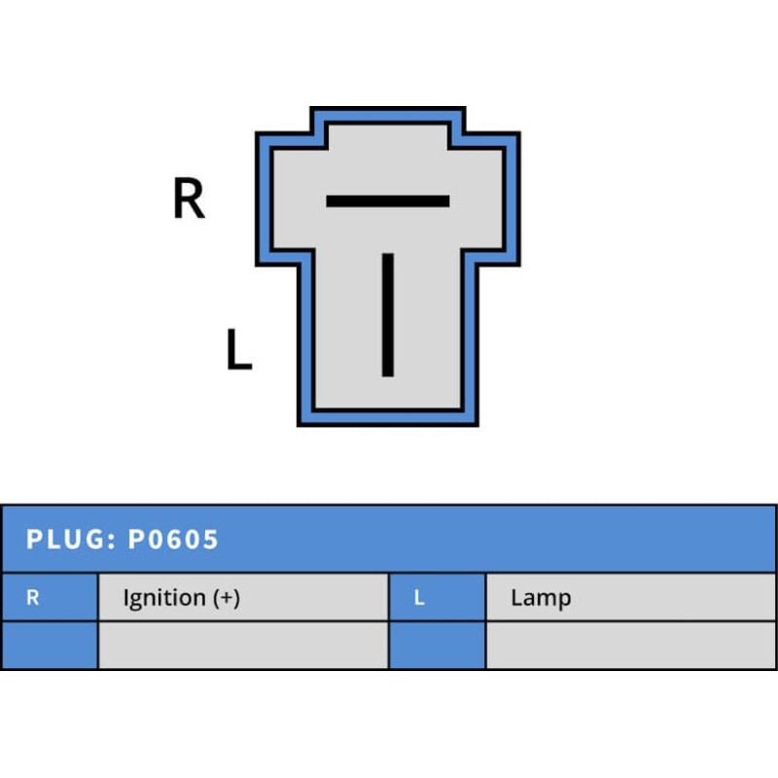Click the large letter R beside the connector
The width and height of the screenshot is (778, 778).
189,199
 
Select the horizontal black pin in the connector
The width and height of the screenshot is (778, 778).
387,201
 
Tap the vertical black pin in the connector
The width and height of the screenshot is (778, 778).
388,313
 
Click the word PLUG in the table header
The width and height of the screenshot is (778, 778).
64,540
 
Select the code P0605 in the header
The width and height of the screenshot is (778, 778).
173,540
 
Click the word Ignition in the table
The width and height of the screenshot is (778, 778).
164,598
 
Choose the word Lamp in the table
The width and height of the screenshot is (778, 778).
540,598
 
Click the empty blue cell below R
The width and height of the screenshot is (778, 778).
49,646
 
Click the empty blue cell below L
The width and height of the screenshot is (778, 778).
437,646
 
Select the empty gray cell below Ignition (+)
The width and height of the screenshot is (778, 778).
243,646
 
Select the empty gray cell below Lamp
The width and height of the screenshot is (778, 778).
630,646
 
